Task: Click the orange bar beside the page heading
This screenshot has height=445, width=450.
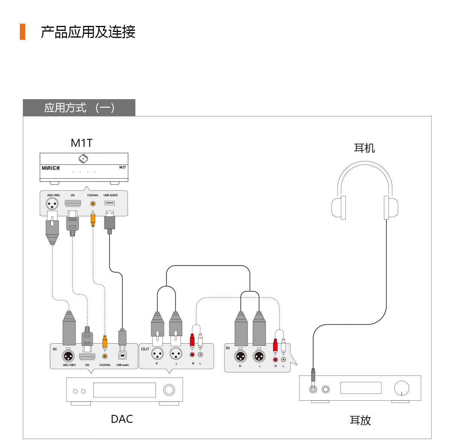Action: point(22,32)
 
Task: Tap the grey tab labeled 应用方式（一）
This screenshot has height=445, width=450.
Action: point(79,108)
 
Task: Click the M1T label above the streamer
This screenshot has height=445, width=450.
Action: point(81,143)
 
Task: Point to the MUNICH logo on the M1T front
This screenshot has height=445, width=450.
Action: point(51,168)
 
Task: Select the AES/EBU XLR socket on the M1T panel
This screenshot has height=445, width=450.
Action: point(52,204)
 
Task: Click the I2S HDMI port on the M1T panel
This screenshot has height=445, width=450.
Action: point(73,204)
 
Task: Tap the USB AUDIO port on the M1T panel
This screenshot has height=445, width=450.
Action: point(109,203)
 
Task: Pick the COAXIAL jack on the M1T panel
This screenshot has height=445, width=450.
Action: point(93,204)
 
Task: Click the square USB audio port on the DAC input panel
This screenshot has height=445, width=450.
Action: point(122,356)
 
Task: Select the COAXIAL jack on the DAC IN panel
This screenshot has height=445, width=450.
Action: point(105,356)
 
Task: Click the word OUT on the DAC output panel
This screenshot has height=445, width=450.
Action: point(145,349)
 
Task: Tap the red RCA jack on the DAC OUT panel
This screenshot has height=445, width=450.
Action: point(192,354)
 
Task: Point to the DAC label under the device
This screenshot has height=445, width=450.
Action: point(122,419)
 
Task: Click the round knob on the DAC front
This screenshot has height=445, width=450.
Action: point(169,390)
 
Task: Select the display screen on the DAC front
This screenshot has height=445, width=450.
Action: point(124,390)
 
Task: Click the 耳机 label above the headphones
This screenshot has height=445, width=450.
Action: point(364,148)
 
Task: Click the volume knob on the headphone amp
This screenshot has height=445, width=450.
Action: point(402,388)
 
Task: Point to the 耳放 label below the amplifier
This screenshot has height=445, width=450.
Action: point(360,420)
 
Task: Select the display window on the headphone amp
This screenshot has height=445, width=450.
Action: point(361,388)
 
